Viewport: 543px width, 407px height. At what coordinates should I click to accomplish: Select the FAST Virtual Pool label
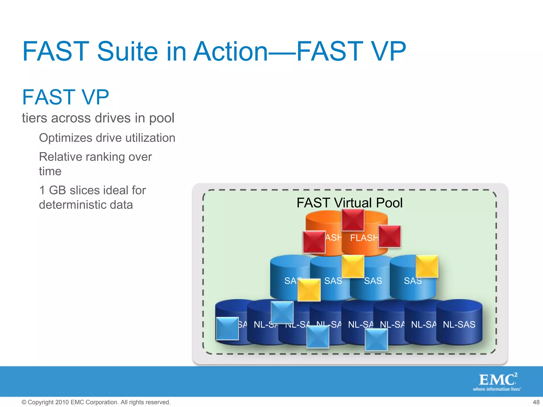[x=349, y=203]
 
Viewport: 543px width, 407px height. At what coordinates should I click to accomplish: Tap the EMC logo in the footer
[x=497, y=382]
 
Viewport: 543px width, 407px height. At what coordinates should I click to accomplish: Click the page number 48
[x=536, y=402]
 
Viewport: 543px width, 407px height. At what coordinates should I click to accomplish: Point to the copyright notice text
[x=96, y=402]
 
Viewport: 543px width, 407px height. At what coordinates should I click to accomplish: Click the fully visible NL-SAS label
[x=459, y=324]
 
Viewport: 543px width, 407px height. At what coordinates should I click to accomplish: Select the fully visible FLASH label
[x=364, y=238]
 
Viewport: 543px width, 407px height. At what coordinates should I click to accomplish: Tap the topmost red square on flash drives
[x=353, y=220]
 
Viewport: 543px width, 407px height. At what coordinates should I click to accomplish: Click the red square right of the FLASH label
[x=389, y=236]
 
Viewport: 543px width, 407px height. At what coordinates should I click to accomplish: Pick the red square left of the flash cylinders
[x=314, y=242]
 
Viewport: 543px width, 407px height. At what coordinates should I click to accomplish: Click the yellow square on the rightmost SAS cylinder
[x=427, y=266]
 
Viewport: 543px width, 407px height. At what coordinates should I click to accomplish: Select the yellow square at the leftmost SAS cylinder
[x=309, y=290]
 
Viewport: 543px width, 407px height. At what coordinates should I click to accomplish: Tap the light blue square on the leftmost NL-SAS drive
[x=227, y=329]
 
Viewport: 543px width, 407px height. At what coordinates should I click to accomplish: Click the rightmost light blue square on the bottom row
[x=376, y=339]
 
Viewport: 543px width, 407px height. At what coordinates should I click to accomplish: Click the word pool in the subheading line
[x=161, y=118]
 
